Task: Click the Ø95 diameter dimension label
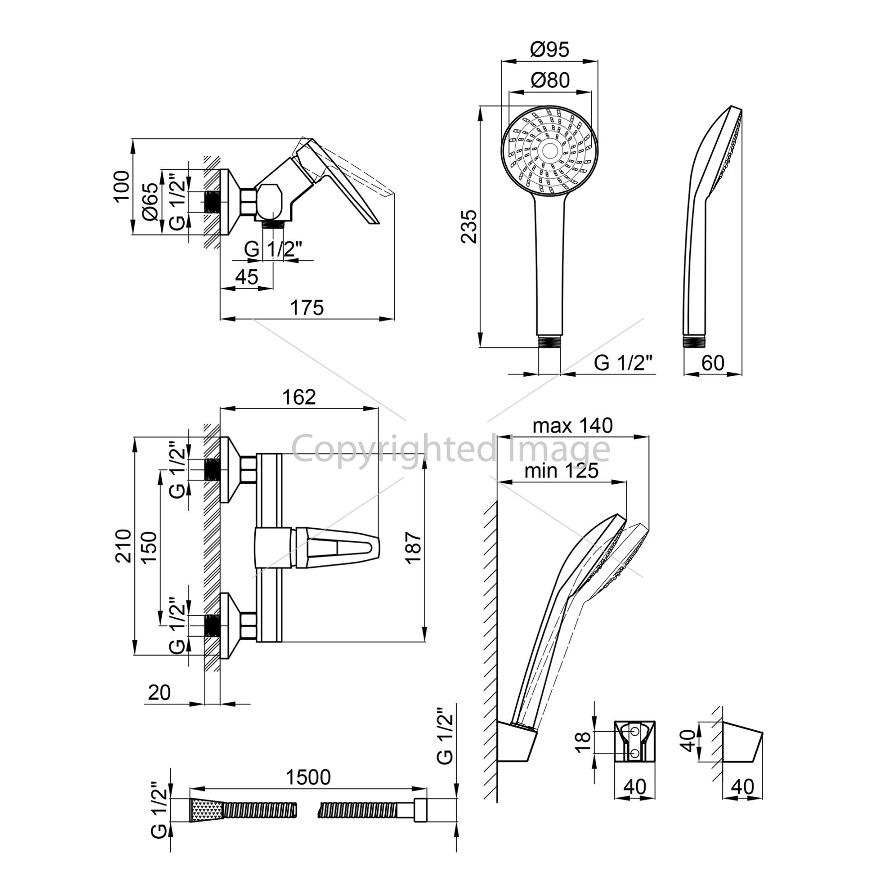pyautogui.click(x=549, y=50)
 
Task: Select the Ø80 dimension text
pyautogui.click(x=550, y=80)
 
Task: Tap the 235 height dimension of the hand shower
pyautogui.click(x=469, y=226)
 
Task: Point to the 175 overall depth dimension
pyautogui.click(x=307, y=308)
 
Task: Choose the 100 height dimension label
pyautogui.click(x=122, y=186)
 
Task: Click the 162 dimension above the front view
pyautogui.click(x=299, y=397)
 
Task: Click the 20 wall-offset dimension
pyautogui.click(x=159, y=692)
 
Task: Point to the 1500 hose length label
pyautogui.click(x=309, y=777)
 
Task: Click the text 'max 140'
pyautogui.click(x=572, y=426)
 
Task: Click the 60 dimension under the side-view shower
pyautogui.click(x=713, y=363)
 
